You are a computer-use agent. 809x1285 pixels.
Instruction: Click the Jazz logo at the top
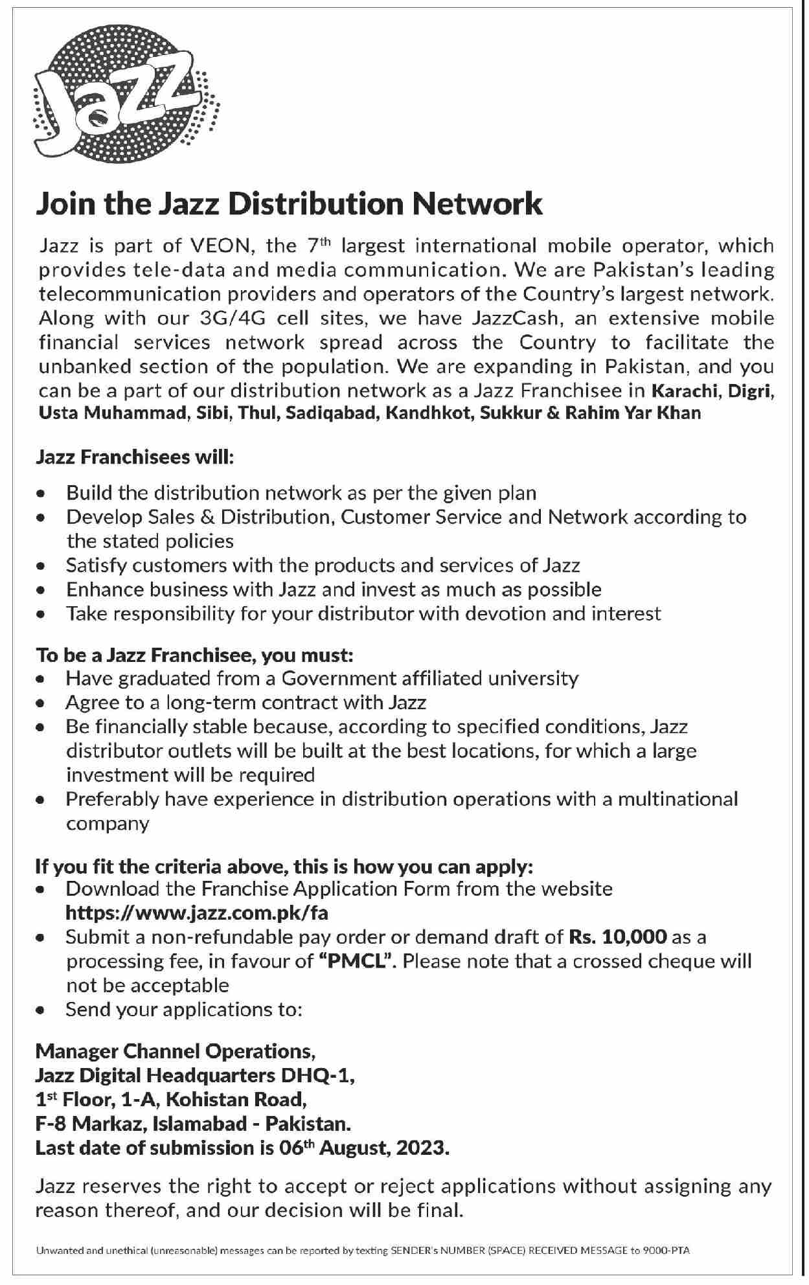point(126,98)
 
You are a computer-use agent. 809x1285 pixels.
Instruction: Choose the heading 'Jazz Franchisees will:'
point(134,458)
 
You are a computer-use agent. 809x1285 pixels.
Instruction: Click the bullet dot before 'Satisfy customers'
point(41,566)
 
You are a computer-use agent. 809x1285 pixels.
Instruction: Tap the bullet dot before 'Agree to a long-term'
point(41,703)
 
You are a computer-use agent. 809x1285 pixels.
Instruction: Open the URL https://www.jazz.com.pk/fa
point(197,913)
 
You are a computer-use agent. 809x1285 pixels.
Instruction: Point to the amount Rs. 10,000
point(618,937)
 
